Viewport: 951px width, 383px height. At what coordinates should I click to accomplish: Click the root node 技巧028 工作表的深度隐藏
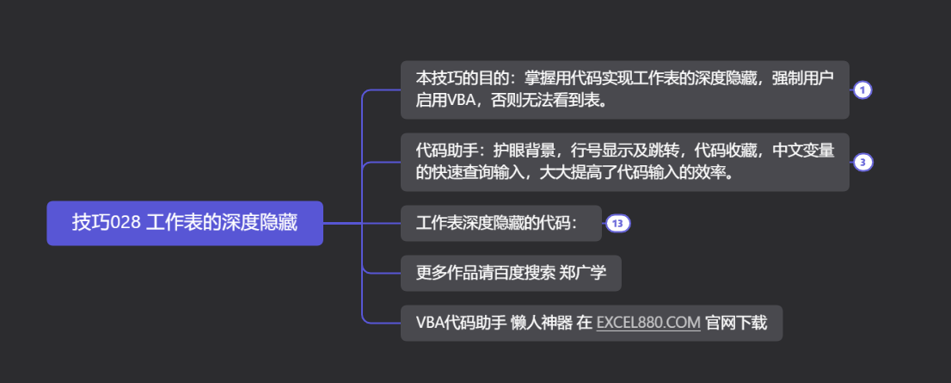point(185,223)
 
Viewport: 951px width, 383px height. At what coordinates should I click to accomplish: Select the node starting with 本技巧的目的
point(624,90)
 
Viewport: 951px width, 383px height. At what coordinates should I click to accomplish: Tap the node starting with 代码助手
point(624,162)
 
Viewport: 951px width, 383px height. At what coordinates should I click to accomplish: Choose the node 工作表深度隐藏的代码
point(500,224)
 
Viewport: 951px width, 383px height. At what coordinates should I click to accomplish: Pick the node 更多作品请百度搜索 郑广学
point(511,274)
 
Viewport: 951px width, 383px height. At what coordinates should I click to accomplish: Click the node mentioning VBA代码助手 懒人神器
point(591,323)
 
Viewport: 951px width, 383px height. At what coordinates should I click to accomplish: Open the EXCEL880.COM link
point(648,323)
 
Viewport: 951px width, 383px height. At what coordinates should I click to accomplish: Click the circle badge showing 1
point(862,90)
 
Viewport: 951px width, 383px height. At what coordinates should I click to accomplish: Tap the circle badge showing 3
point(862,163)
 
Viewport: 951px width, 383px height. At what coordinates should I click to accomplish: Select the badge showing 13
point(618,224)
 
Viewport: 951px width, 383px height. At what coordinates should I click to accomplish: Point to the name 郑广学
point(583,274)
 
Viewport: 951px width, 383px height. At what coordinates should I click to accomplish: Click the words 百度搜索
point(526,274)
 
